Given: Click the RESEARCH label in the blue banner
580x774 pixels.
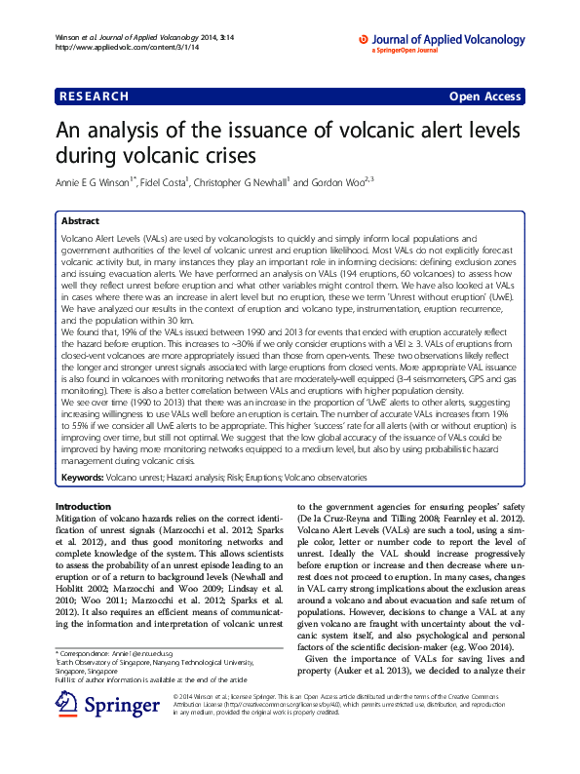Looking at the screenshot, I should coord(94,97).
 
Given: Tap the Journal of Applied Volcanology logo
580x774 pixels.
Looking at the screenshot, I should coord(443,40).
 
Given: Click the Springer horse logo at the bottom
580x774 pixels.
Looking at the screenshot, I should coord(67,705).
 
